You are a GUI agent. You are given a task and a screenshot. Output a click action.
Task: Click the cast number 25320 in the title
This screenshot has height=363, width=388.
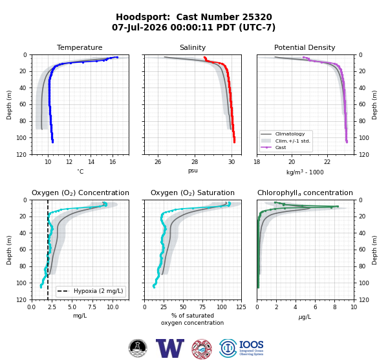coord(257,17)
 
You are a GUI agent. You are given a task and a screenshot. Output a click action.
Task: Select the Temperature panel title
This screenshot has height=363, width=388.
coord(80,47)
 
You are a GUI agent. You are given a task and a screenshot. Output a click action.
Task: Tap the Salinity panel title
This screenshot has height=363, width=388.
coord(193,47)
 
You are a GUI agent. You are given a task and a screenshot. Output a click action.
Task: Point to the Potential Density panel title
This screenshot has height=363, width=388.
coord(305,47)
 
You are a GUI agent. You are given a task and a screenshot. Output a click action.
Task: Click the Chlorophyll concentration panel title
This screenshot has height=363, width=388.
coord(305,193)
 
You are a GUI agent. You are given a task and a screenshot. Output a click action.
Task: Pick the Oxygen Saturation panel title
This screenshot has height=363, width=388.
coord(193,193)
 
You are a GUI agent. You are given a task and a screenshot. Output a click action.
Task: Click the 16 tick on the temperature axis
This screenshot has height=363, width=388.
coord(113,162)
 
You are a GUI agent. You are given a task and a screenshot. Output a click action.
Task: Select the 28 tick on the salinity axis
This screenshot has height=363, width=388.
coord(195,162)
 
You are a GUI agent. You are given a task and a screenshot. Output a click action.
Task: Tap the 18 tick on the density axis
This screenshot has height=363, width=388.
coord(257,162)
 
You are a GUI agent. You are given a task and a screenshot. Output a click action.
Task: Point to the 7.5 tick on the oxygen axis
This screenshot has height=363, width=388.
coord(92,307)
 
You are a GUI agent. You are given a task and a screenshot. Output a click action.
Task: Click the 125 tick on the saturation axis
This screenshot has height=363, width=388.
coord(241,307)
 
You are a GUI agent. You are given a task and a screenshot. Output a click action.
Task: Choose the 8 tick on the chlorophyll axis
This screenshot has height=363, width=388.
coord(334,307)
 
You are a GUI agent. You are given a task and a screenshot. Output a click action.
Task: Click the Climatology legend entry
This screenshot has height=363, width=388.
coord(290,134)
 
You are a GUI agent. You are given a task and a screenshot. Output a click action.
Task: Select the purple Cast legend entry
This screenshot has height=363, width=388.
coord(281,147)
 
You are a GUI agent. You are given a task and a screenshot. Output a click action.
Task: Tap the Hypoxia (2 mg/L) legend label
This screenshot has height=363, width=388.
coord(98,291)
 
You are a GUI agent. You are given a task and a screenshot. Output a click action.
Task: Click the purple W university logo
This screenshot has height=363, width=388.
coord(170,348)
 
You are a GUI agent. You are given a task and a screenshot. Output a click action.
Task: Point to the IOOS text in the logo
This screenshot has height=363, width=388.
coord(251,345)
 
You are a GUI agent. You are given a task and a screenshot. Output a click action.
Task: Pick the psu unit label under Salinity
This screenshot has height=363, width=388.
coord(193,170)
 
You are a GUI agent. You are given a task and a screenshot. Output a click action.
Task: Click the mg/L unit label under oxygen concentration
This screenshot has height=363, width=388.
coord(80,316)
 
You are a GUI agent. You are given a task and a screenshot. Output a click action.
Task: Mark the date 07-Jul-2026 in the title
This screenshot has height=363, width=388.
coord(139,27)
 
